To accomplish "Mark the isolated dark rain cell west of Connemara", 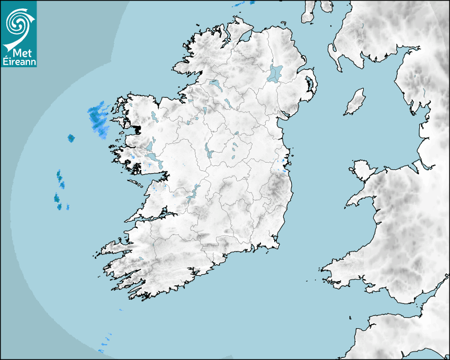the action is click(71, 138).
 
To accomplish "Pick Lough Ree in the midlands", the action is click(208, 151).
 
